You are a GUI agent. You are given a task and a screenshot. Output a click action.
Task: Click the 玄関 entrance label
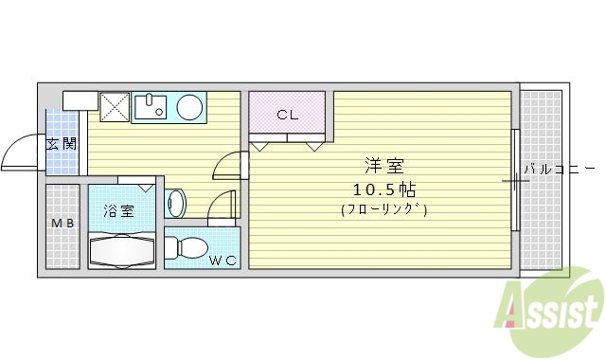click(x=63, y=145)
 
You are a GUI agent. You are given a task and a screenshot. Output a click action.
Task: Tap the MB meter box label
click(x=62, y=224)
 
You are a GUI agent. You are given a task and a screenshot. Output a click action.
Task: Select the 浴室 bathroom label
click(x=120, y=211)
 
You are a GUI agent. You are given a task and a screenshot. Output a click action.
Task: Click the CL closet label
click(x=288, y=116)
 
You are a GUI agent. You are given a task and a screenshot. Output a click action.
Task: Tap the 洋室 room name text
click(x=383, y=164)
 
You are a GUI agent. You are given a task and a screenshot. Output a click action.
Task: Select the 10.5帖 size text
click(x=383, y=188)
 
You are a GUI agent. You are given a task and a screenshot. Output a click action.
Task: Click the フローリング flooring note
click(x=383, y=210)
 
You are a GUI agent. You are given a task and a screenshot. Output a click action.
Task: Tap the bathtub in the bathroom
click(x=120, y=251)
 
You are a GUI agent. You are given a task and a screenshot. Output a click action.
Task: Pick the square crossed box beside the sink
click(x=114, y=107)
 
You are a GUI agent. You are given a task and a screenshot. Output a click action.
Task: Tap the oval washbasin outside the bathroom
click(x=175, y=203)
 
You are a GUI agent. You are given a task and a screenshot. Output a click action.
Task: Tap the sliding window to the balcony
click(x=515, y=180)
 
